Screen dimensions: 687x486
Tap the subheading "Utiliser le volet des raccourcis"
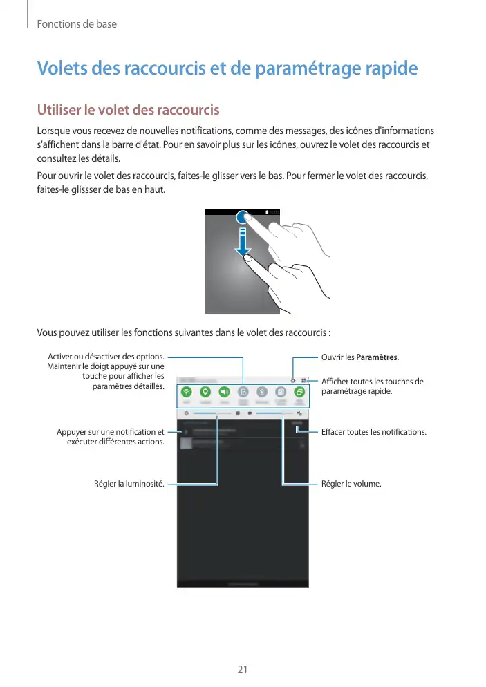pos(128,110)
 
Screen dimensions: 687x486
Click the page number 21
pos(243,670)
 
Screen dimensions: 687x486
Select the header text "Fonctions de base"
pos(76,24)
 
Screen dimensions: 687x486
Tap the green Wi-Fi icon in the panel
pos(187,391)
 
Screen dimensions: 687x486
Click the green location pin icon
pos(205,391)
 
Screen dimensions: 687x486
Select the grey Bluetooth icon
pos(262,391)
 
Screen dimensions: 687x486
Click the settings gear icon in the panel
pos(293,380)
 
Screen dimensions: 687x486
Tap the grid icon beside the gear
pos(303,380)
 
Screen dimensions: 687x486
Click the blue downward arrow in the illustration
pos(243,245)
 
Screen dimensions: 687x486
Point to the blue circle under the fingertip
pos(243,217)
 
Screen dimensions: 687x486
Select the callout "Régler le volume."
pos(351,484)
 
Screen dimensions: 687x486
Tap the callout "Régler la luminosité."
pos(129,484)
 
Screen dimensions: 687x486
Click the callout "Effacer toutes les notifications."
pos(374,432)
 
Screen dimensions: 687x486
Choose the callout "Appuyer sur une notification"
pos(111,432)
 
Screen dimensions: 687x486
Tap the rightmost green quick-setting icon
pos(299,391)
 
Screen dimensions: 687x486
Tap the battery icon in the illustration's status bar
pos(268,211)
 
